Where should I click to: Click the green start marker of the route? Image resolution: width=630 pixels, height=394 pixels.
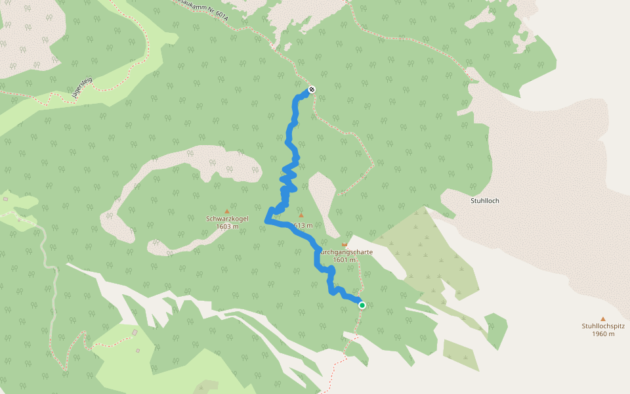[x=362, y=305]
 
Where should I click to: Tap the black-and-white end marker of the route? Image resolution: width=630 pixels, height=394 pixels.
[x=312, y=89]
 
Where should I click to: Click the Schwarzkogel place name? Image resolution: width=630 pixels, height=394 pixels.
[x=227, y=219]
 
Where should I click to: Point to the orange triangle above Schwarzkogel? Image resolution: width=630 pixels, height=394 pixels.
[x=227, y=211]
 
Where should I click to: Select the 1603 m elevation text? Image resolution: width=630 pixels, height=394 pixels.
[x=227, y=227]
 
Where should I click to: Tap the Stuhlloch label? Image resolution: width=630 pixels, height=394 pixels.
[x=485, y=200]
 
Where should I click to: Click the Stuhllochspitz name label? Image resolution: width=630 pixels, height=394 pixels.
[x=602, y=326]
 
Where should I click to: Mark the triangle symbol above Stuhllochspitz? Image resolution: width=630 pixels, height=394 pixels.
[x=602, y=318]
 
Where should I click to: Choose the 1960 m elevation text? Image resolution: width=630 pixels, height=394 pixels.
[x=602, y=334]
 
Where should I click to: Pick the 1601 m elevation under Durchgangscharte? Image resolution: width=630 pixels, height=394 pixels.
[x=344, y=259]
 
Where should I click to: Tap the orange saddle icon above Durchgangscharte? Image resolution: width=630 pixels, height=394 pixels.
[x=344, y=244]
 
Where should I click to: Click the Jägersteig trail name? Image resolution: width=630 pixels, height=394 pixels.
[x=82, y=88]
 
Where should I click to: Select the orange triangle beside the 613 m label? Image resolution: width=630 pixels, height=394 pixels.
[x=301, y=215]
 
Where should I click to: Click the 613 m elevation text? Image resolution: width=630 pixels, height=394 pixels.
[x=303, y=225]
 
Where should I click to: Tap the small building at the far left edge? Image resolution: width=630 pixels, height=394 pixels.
[x=5, y=198]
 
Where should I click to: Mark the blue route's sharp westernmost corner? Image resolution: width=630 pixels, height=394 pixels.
[x=266, y=222]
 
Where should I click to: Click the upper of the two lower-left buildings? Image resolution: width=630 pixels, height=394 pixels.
[x=135, y=333]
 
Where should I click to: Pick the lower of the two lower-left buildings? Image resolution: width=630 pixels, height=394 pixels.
[x=138, y=350]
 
